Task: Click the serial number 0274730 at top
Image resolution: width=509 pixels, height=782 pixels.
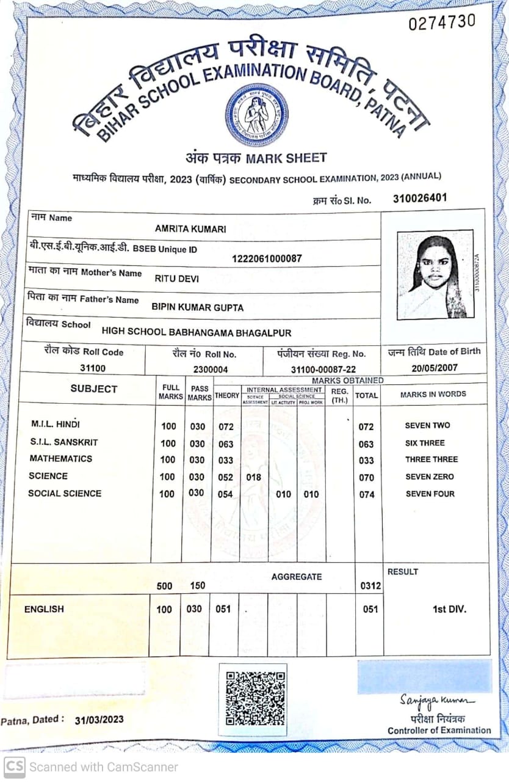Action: click(x=441, y=23)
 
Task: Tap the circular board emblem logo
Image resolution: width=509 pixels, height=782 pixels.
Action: click(x=256, y=115)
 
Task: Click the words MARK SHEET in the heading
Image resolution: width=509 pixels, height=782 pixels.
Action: click(x=286, y=158)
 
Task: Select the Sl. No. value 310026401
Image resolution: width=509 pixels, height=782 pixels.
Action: click(x=420, y=198)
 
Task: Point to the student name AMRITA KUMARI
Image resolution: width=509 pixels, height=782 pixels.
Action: click(x=190, y=229)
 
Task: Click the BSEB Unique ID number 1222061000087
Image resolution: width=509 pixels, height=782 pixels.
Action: click(x=267, y=258)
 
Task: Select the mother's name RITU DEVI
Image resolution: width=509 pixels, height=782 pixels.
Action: click(x=176, y=279)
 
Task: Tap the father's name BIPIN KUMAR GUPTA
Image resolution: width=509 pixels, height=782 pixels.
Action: click(x=197, y=307)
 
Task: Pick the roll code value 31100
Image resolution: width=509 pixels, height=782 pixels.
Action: click(x=93, y=368)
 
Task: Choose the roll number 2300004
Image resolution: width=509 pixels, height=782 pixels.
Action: click(x=211, y=369)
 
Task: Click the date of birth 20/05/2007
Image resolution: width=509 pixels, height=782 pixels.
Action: click(x=434, y=368)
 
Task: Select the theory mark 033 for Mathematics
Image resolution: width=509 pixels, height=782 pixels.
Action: click(x=226, y=460)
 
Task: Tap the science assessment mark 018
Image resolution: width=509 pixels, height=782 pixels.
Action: click(x=253, y=477)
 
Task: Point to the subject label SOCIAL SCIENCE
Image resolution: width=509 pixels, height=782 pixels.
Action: click(x=65, y=493)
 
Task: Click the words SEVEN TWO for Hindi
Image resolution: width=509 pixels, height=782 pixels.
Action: click(x=427, y=425)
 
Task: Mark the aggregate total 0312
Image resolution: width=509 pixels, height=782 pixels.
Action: click(x=370, y=586)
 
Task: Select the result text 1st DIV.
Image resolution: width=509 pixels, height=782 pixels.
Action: click(x=449, y=609)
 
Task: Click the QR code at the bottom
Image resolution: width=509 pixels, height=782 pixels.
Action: click(x=254, y=698)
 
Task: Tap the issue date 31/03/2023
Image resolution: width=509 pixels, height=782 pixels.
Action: click(x=99, y=720)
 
